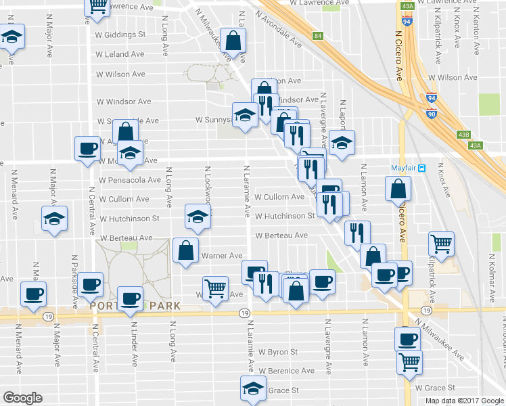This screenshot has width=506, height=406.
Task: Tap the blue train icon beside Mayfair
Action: [421, 168]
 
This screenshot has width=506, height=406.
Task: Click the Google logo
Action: [22, 398]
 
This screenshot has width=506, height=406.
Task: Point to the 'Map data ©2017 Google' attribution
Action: [465, 401]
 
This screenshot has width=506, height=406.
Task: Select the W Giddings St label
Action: [121, 34]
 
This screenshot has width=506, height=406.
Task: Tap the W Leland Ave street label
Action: [120, 54]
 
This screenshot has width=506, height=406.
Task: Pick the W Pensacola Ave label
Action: [130, 181]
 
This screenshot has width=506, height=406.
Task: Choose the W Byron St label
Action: [277, 352]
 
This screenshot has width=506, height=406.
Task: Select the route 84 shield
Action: [317, 35]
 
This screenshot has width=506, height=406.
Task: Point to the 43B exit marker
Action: [463, 134]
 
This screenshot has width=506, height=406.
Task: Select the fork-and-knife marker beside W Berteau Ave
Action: [357, 232]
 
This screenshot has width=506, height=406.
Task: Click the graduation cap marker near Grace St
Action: [252, 388]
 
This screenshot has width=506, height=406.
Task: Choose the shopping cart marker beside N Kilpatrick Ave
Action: [441, 244]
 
